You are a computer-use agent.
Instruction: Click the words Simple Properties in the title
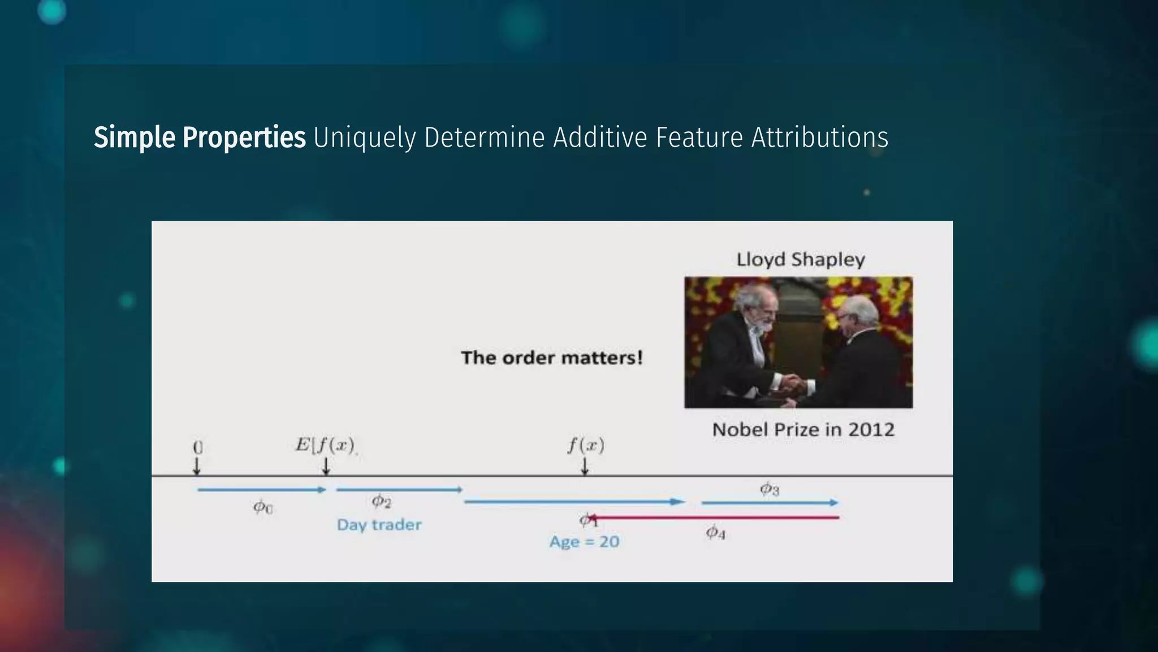click(x=200, y=138)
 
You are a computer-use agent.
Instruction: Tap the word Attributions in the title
click(x=819, y=138)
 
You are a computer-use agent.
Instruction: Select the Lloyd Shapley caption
click(x=801, y=260)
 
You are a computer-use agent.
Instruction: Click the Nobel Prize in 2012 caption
click(x=803, y=430)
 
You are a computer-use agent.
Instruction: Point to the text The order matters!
click(x=552, y=358)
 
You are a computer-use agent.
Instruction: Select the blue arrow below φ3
click(x=770, y=503)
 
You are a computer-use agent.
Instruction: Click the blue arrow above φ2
click(x=399, y=490)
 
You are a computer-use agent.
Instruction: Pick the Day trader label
click(x=379, y=525)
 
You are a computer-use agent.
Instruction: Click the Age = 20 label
click(x=584, y=542)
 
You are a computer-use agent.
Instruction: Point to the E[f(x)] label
click(x=325, y=445)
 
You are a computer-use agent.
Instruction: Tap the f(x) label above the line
click(x=586, y=445)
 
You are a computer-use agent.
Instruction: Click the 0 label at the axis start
click(x=197, y=447)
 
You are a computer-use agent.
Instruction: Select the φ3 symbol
click(x=769, y=489)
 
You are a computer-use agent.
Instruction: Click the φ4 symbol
click(x=715, y=533)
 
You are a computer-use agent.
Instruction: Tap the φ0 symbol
click(x=262, y=507)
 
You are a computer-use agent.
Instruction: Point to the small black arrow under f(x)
click(x=585, y=466)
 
